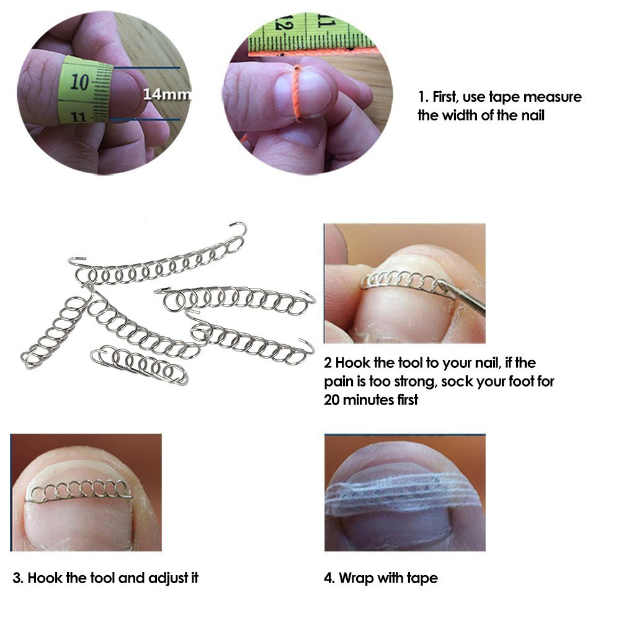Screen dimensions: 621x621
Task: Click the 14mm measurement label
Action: [166, 94]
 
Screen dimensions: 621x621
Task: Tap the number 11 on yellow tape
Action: [79, 116]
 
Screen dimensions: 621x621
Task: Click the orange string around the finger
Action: [297, 93]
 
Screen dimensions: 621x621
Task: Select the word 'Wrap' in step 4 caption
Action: [354, 578]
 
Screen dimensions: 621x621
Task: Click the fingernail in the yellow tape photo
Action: [127, 93]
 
